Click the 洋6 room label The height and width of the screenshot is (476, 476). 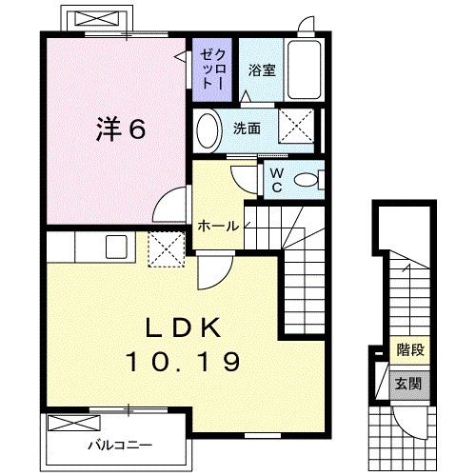[120, 129]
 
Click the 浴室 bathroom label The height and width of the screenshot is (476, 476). [260, 69]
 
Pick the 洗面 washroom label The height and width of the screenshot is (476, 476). [247, 129]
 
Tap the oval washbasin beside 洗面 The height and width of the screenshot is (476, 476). [208, 129]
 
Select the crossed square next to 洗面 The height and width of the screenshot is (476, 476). [298, 126]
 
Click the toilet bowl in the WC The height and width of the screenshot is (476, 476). [307, 179]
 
